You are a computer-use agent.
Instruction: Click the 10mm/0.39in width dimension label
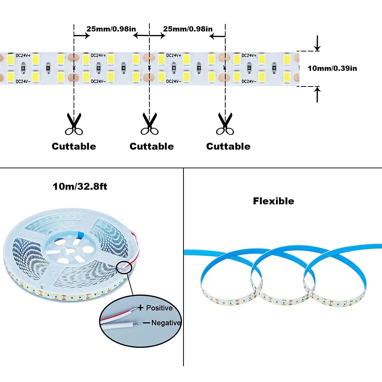332,68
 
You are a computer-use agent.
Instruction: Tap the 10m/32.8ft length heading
80,186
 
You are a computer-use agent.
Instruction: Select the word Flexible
274,201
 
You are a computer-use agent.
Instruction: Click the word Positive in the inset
159,308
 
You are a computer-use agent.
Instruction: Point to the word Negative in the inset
166,323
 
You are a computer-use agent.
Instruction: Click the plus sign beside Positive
140,308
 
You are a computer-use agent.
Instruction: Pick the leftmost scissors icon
74,124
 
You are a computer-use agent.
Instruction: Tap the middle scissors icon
149,124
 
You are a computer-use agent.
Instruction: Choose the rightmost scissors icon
225,124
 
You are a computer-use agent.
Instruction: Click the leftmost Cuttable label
74,146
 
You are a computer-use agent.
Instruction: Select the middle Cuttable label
152,146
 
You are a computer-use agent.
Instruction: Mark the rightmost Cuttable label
228,146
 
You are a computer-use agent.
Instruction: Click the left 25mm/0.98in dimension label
111,29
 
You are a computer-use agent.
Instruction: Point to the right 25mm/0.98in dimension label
188,29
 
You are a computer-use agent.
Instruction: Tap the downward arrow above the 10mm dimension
317,43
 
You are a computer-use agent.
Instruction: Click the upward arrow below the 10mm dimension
317,94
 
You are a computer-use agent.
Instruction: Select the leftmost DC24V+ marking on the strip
23,56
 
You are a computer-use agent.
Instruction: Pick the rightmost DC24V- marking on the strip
249,81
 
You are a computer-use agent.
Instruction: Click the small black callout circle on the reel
124,268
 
